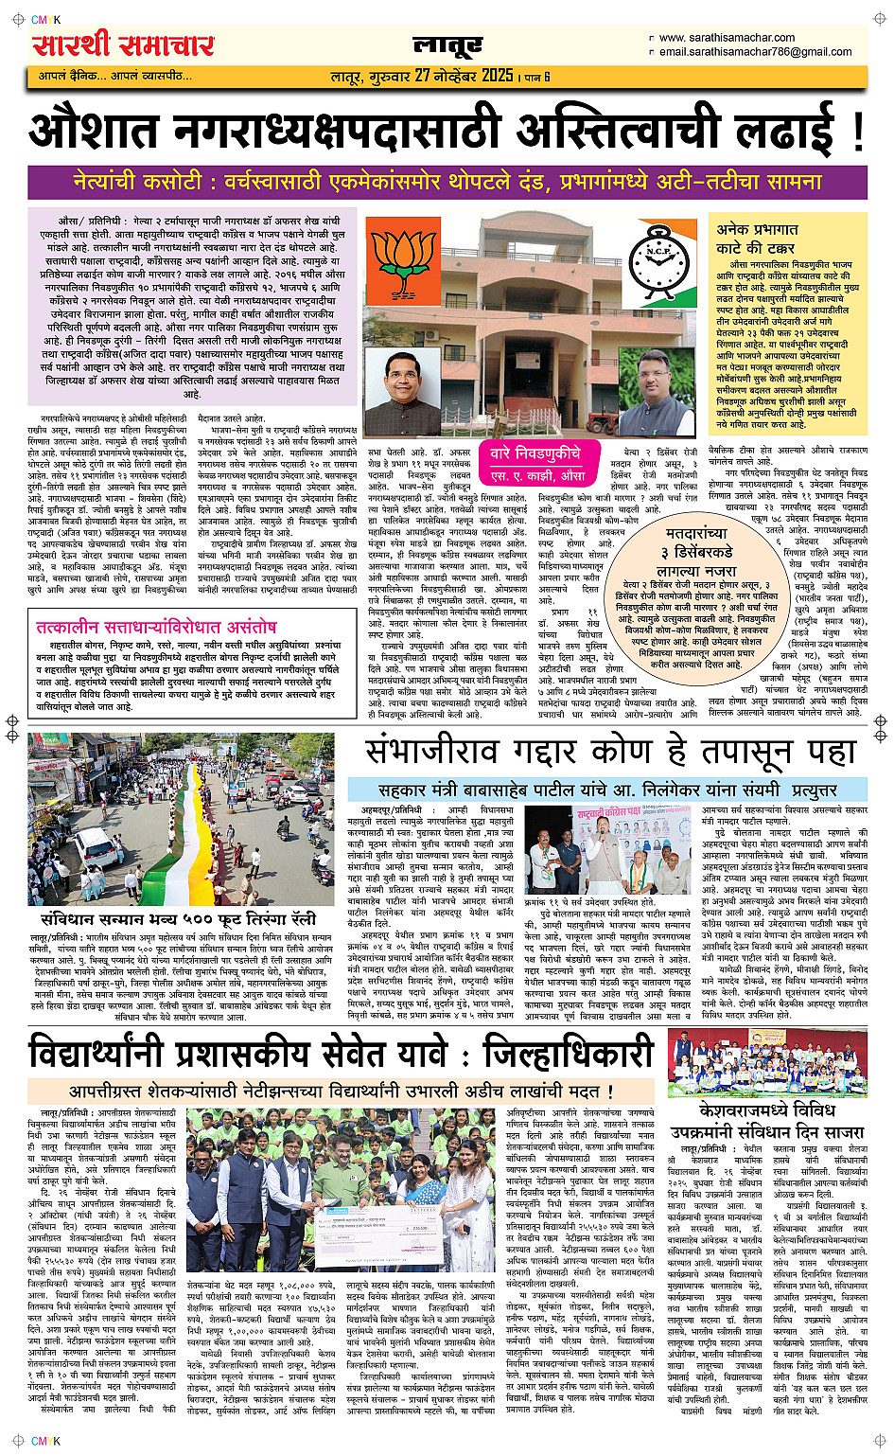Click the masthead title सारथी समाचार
pos(123,44)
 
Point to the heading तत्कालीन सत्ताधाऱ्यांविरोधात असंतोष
pos(156,627)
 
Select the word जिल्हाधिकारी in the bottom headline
pos(568,1053)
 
